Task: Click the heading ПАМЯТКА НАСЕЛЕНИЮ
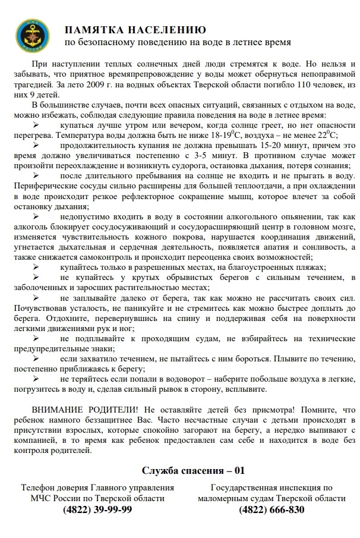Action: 136,30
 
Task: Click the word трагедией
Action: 28,86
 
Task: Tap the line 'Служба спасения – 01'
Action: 193,471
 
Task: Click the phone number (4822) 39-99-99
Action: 97,510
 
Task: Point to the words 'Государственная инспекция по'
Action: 271,487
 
